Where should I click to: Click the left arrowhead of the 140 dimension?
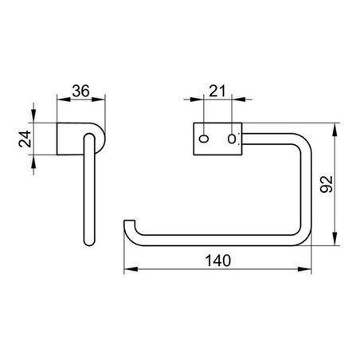click(127, 271)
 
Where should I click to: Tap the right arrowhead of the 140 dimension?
click(309, 271)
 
